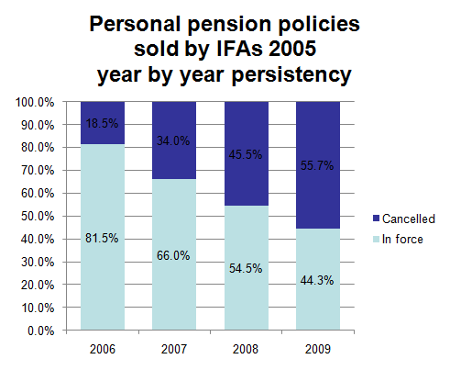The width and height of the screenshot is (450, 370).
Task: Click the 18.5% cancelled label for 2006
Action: (102, 123)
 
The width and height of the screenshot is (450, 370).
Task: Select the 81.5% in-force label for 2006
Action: (102, 238)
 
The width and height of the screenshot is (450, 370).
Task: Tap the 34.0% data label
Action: (173, 140)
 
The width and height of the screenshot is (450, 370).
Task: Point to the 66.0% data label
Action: (173, 255)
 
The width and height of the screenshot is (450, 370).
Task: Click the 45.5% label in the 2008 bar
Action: (246, 154)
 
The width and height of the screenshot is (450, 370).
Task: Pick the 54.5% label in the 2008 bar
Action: (246, 268)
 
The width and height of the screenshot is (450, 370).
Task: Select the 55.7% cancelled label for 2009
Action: (317, 165)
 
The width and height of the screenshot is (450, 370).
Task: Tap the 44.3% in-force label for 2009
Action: (317, 280)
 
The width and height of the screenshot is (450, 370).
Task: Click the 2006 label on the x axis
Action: (103, 349)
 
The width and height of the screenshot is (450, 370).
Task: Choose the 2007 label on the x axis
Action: (174, 349)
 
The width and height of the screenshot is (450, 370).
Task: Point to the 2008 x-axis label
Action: (246, 349)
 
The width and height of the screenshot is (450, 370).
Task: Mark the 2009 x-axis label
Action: (318, 349)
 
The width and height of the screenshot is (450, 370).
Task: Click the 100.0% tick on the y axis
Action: (35, 102)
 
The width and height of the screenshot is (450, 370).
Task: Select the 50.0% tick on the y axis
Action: (38, 217)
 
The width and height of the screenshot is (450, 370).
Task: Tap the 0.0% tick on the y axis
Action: (41, 331)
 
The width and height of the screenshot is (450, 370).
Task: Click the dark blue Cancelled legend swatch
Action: (376, 219)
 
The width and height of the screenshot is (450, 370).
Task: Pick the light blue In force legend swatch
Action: (376, 239)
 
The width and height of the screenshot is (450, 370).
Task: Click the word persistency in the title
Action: (291, 74)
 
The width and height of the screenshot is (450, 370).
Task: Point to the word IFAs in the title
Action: (239, 49)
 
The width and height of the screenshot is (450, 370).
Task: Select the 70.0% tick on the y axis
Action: (38, 171)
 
